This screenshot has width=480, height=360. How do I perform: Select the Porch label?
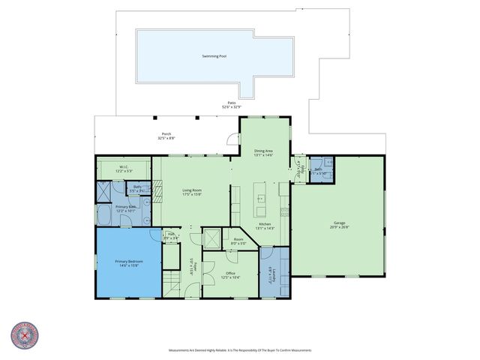[166, 134]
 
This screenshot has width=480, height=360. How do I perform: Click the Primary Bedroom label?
[127, 262]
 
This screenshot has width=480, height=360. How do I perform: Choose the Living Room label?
[192, 190]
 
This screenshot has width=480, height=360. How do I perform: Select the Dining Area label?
[263, 151]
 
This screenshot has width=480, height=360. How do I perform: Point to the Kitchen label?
[265, 224]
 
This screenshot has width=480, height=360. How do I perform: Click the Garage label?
[340, 223]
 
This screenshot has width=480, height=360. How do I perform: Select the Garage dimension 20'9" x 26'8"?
[340, 227]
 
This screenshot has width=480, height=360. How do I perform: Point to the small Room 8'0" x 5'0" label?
[238, 239]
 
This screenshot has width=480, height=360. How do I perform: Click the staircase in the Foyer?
[172, 282]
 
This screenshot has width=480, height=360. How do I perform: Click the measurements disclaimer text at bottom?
[240, 350]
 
